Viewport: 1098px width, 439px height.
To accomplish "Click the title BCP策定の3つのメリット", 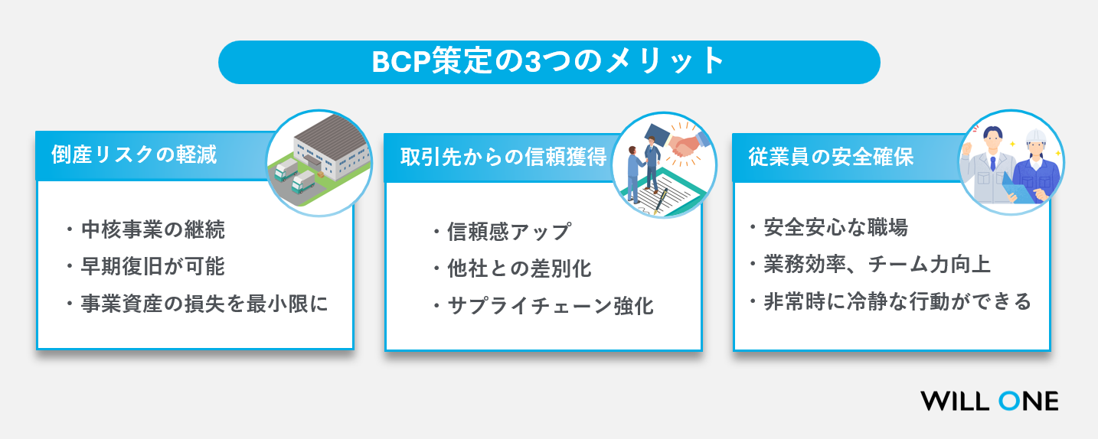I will [548, 62].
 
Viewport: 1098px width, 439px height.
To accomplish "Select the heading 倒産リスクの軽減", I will [134, 155].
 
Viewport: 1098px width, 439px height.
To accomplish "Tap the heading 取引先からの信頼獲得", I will [503, 157].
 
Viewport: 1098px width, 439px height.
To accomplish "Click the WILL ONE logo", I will [989, 401].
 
